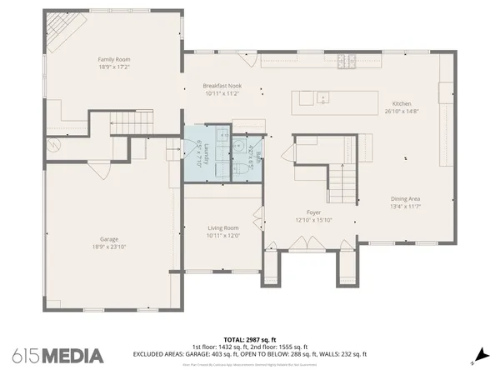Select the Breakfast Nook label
coord(222,86)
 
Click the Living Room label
coord(223,227)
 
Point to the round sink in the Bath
coord(239,147)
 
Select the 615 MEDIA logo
coord(57,356)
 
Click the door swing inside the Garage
coord(101,171)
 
